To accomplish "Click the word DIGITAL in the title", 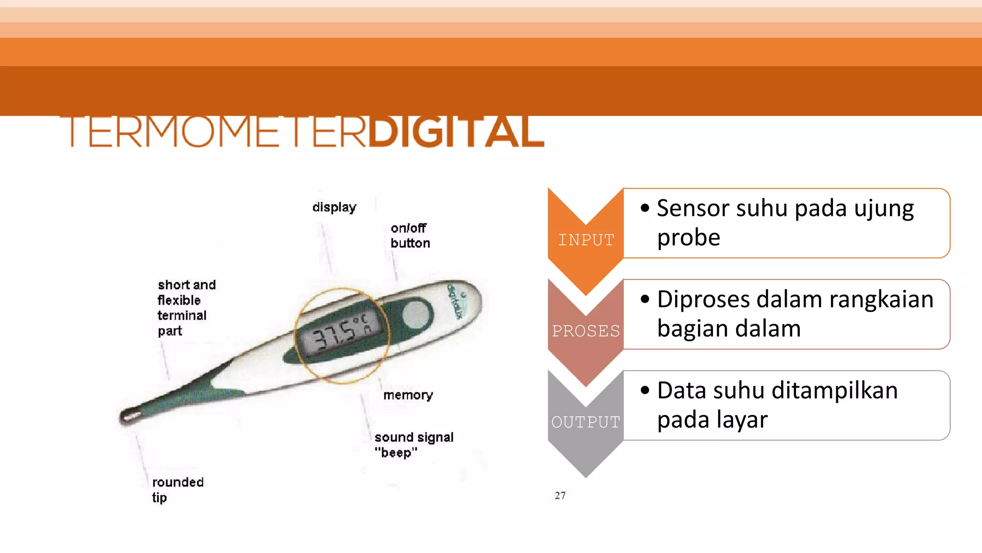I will [x=456, y=132].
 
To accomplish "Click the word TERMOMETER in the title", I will [x=216, y=132].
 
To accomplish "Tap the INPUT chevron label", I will [x=586, y=240].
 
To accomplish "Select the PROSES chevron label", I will [x=586, y=331].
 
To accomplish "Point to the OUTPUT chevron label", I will [x=586, y=422].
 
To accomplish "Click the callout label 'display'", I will [x=334, y=207].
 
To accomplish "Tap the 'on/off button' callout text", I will [x=410, y=235].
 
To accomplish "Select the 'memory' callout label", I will [x=408, y=395].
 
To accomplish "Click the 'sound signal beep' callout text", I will [x=413, y=445].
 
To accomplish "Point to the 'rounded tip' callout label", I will [x=177, y=489].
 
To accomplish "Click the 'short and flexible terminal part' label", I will [x=186, y=308].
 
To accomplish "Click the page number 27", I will [x=560, y=495].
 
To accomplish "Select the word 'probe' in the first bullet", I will [x=689, y=238].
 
